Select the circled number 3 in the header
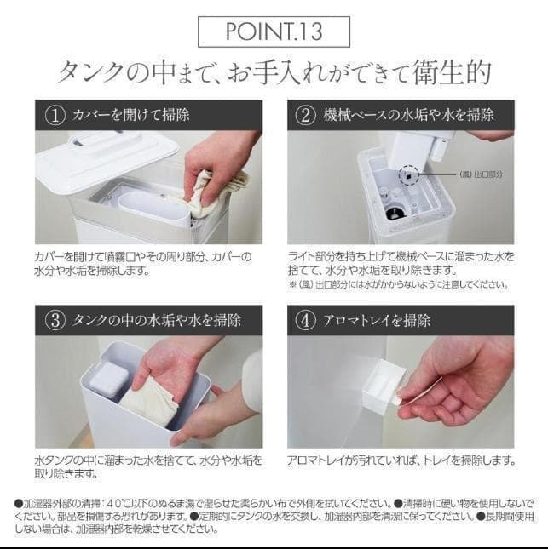coord(55,321)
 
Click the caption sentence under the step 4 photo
coord(401,460)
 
